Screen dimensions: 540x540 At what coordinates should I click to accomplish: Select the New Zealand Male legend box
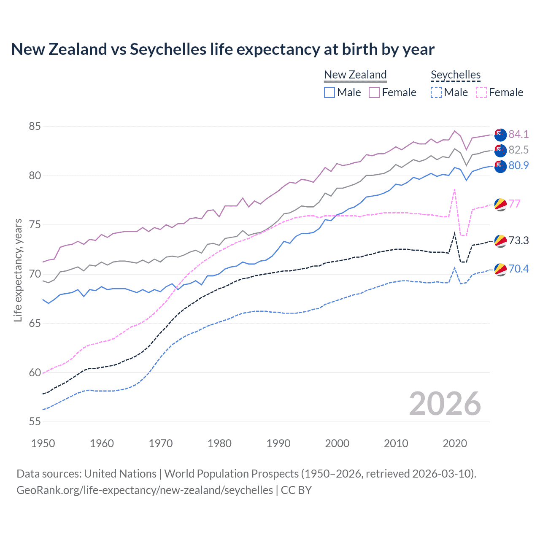[329, 92]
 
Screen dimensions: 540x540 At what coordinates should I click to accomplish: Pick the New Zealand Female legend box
[374, 92]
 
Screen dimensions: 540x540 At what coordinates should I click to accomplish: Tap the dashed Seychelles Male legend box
[436, 92]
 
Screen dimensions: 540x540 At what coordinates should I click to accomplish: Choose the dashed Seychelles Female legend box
[481, 92]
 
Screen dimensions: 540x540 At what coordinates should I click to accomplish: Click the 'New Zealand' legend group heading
[355, 75]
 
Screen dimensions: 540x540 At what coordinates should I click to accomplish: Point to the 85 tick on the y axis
[35, 126]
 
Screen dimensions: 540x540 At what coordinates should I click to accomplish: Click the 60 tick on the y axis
[35, 373]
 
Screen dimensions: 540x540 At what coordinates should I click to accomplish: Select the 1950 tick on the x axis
[43, 443]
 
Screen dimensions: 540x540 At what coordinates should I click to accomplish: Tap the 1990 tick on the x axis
[278, 443]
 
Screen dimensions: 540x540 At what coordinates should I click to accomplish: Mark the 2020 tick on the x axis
[455, 443]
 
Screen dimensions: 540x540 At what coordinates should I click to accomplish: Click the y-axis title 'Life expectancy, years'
[18, 270]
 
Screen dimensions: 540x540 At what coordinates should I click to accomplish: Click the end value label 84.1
[518, 134]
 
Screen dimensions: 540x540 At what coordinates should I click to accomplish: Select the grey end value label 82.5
[518, 150]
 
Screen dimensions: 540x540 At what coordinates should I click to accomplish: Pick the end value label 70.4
[518, 269]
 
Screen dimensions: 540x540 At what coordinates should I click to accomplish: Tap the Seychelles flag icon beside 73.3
[500, 241]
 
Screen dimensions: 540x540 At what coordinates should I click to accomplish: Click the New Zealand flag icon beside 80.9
[500, 166]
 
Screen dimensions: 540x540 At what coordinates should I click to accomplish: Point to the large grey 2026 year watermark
[445, 404]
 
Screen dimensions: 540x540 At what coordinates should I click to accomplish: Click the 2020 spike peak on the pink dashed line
[454, 189]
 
